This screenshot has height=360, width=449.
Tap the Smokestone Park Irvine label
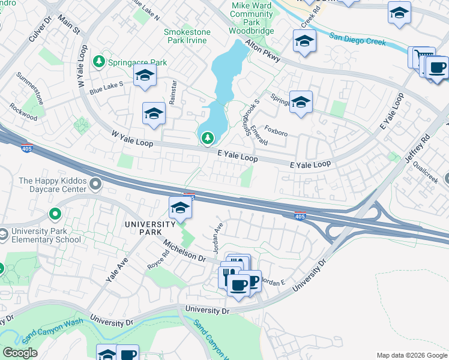click(185, 35)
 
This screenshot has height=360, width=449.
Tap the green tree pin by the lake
click(207, 139)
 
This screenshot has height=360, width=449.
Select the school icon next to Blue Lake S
click(145, 76)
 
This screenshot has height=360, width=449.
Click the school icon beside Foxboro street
click(301, 101)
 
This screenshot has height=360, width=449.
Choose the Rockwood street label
click(23, 112)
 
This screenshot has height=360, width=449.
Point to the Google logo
click(20, 353)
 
